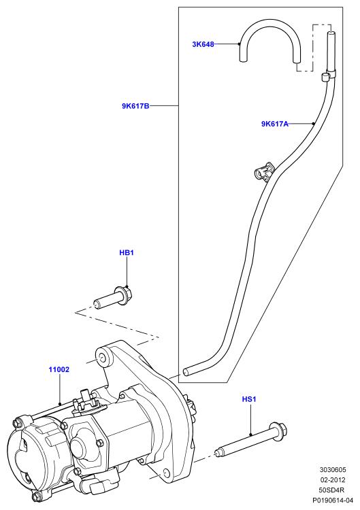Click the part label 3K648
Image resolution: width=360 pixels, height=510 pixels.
click(x=203, y=44)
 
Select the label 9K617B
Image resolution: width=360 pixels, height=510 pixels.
click(x=135, y=106)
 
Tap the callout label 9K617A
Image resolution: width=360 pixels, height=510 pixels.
click(x=275, y=124)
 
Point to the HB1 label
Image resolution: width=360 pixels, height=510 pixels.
click(x=127, y=252)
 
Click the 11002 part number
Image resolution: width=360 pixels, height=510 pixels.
click(x=59, y=369)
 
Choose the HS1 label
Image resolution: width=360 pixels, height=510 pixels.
click(x=249, y=398)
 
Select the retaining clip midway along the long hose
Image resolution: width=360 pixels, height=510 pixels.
click(x=263, y=170)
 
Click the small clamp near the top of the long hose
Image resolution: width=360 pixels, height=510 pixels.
click(x=326, y=77)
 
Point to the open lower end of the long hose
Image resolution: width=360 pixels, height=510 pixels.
click(x=186, y=372)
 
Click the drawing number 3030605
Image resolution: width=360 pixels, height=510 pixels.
click(x=333, y=470)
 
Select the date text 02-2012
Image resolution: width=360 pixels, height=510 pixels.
click(x=333, y=480)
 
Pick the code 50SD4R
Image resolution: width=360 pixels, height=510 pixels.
click(x=331, y=490)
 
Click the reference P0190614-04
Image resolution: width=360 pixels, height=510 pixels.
click(x=333, y=500)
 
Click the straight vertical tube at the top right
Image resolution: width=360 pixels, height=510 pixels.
click(x=330, y=52)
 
